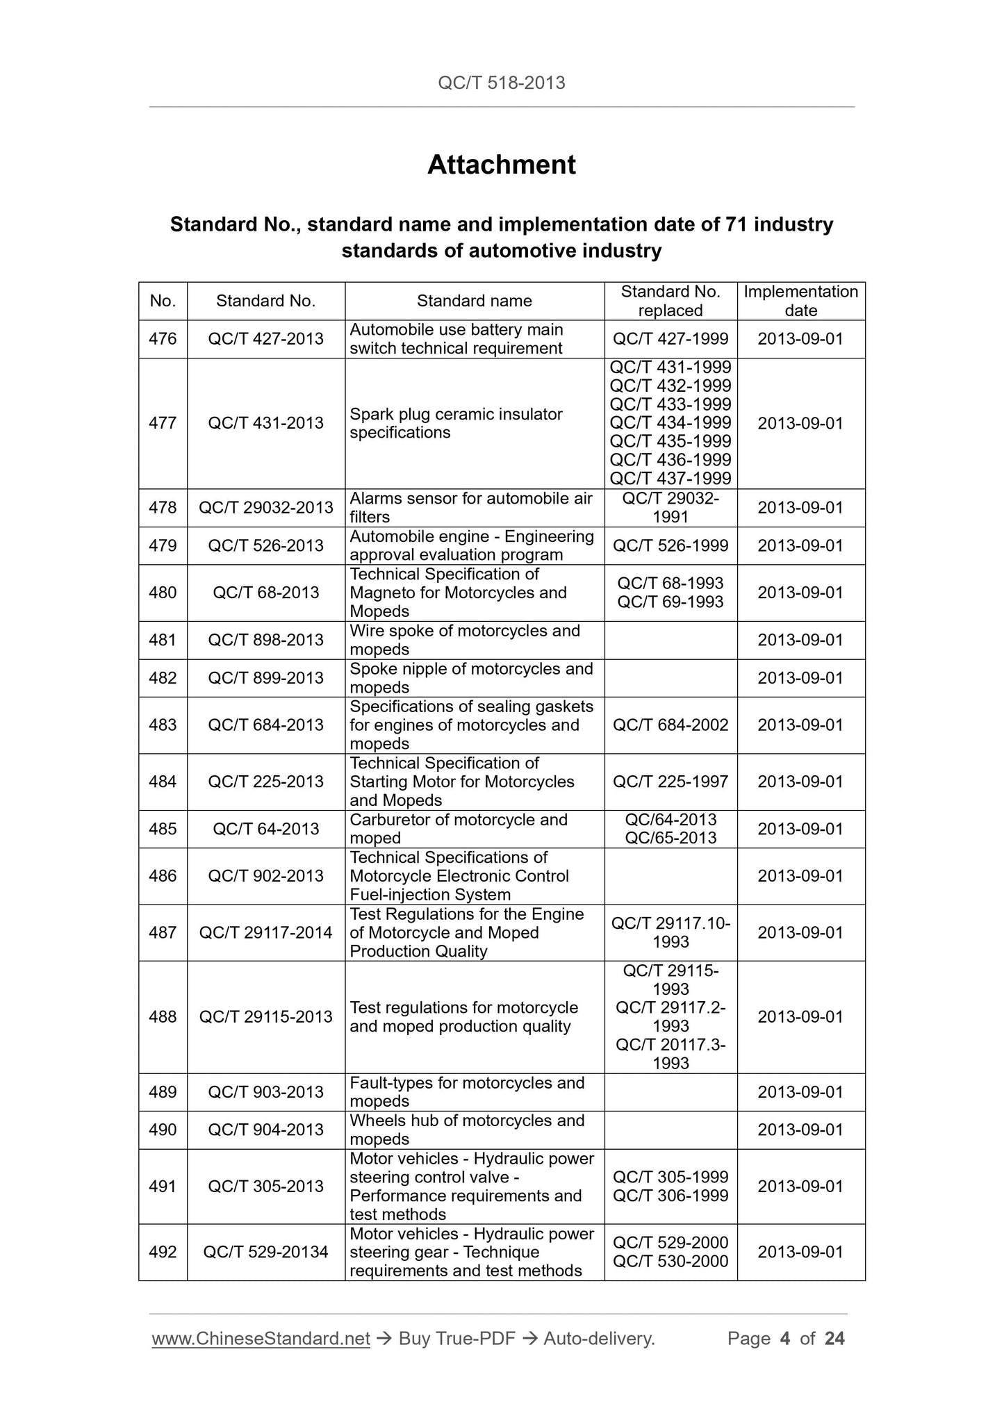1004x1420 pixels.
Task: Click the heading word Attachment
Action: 501,165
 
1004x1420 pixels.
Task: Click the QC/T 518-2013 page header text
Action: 501,83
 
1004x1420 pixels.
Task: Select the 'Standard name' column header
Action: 474,301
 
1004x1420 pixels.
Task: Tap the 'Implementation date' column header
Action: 800,301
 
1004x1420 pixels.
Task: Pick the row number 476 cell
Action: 163,339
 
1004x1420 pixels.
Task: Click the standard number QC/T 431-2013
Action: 265,423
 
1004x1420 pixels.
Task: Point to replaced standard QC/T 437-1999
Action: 670,479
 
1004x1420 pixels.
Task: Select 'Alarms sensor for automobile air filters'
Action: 470,508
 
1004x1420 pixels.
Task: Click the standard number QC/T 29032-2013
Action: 265,508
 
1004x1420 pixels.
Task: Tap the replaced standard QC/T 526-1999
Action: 670,546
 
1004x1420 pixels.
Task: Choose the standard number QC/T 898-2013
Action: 265,640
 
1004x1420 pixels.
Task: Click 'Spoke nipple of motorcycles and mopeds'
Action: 470,678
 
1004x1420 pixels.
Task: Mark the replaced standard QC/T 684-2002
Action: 670,725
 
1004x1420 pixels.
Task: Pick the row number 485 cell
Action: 163,829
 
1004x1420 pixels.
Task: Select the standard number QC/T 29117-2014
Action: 265,933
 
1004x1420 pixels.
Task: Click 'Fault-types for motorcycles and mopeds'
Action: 466,1092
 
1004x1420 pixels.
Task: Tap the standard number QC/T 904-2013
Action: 265,1130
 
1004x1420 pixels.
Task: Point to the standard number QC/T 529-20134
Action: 265,1252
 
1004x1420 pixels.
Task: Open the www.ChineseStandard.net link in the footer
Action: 261,1339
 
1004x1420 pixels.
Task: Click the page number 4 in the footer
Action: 785,1339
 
